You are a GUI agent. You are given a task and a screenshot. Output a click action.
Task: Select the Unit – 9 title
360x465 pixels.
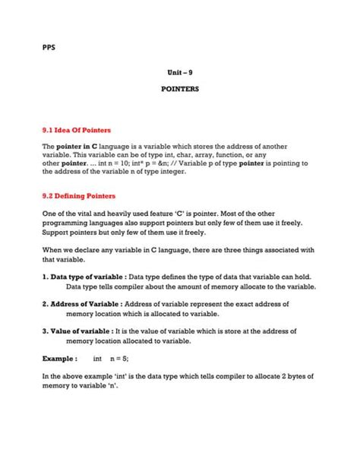tap(179, 73)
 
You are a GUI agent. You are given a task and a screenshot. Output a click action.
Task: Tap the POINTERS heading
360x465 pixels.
tap(179, 89)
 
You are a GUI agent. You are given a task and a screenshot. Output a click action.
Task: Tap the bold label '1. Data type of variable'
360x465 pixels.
tap(84, 277)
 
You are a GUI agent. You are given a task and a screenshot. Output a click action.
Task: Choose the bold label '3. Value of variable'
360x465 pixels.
tap(78, 331)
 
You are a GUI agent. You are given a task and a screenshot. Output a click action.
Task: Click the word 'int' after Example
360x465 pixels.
tap(97, 357)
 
